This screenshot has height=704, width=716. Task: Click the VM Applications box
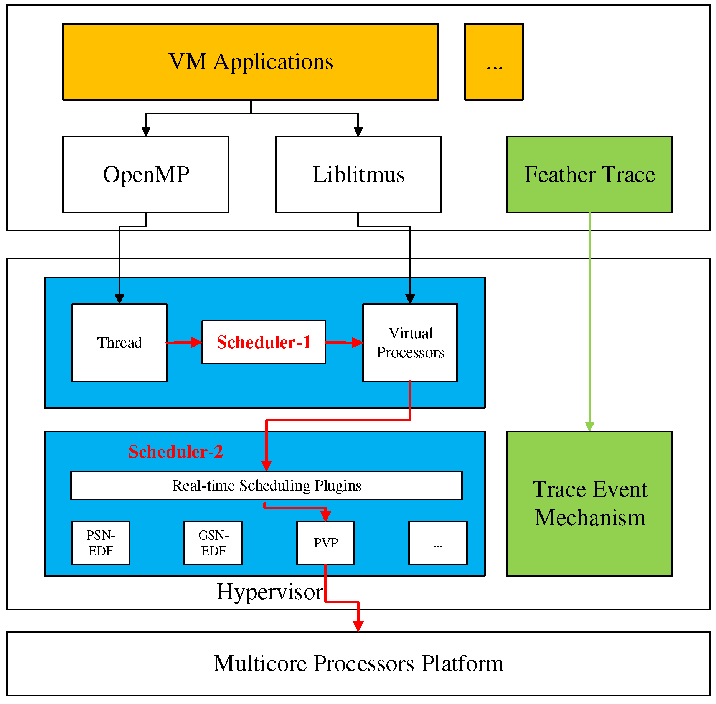251,62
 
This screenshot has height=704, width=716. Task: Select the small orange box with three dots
494,62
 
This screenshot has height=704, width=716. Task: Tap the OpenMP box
146,175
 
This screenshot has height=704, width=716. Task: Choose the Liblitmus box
358,175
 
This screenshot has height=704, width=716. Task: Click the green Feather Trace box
589,175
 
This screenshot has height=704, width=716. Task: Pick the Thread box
119,343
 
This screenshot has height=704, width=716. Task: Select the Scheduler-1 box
264,342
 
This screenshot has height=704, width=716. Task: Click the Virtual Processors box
410,343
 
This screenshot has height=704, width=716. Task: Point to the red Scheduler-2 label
175,452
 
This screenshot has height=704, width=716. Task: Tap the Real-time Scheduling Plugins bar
266,486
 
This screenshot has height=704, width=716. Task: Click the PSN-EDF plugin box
101,543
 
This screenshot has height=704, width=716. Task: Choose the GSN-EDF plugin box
213,543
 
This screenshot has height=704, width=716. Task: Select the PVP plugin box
325,543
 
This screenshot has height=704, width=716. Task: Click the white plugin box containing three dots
438,543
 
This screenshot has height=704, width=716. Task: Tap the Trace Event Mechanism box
589,504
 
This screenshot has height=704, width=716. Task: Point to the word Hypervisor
270,592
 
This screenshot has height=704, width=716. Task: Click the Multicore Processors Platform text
358,663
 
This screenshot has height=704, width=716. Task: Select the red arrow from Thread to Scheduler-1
183,342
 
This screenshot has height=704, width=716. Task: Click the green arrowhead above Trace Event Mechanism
589,426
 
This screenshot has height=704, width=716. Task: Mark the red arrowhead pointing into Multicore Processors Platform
358,626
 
